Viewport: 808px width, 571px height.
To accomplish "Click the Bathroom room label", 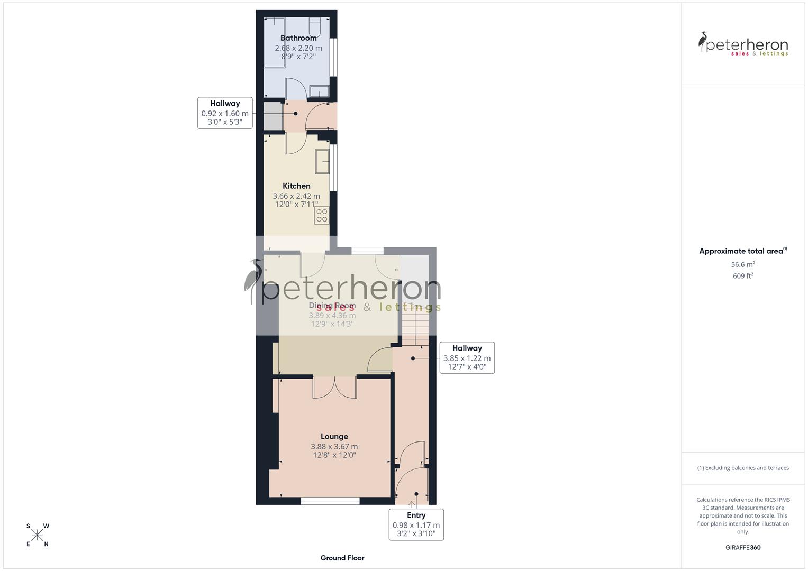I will click(298, 38).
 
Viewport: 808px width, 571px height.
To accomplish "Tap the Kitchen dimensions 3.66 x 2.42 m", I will click(296, 196).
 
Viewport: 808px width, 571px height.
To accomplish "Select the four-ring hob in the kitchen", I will click(321, 215).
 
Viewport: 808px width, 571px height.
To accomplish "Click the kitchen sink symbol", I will click(322, 161).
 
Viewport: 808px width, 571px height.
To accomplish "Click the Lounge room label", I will click(334, 437).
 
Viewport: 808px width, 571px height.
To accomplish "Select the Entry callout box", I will click(416, 524).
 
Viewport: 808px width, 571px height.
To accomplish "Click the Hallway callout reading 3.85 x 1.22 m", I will click(467, 358).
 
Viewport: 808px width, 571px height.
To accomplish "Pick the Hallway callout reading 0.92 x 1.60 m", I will click(225, 113).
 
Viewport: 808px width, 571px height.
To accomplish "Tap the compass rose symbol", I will click(37, 535).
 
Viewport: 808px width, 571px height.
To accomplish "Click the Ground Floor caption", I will click(342, 558).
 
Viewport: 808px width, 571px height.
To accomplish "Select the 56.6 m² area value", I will click(743, 264).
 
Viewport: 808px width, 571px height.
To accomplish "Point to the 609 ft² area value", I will click(743, 276).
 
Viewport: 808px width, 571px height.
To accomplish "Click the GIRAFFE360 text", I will click(743, 547).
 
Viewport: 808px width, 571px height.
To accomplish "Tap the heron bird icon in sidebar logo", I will click(703, 42).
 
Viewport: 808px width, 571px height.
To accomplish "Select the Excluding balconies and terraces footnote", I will click(743, 468).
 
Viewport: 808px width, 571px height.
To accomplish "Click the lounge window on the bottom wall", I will click(330, 500).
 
